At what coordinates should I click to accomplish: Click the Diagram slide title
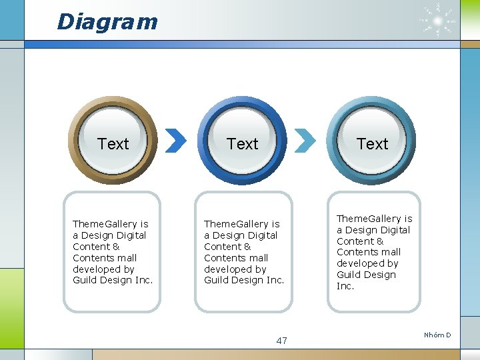pyautogui.click(x=107, y=21)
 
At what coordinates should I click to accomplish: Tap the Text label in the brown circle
pyautogui.click(x=113, y=144)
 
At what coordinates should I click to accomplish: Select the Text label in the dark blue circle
pyautogui.click(x=242, y=144)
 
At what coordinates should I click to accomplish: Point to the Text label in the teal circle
pyautogui.click(x=372, y=144)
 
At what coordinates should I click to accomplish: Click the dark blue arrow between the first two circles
pyautogui.click(x=175, y=140)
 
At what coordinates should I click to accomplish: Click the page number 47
pyautogui.click(x=281, y=341)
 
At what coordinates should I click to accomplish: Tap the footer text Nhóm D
pyautogui.click(x=437, y=335)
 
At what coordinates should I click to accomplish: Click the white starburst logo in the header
pyautogui.click(x=437, y=21)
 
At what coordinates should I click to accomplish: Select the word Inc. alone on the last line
pyautogui.click(x=345, y=286)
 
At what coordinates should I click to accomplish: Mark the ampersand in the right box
pyautogui.click(x=380, y=241)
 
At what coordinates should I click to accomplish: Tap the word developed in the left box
pyautogui.click(x=97, y=269)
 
